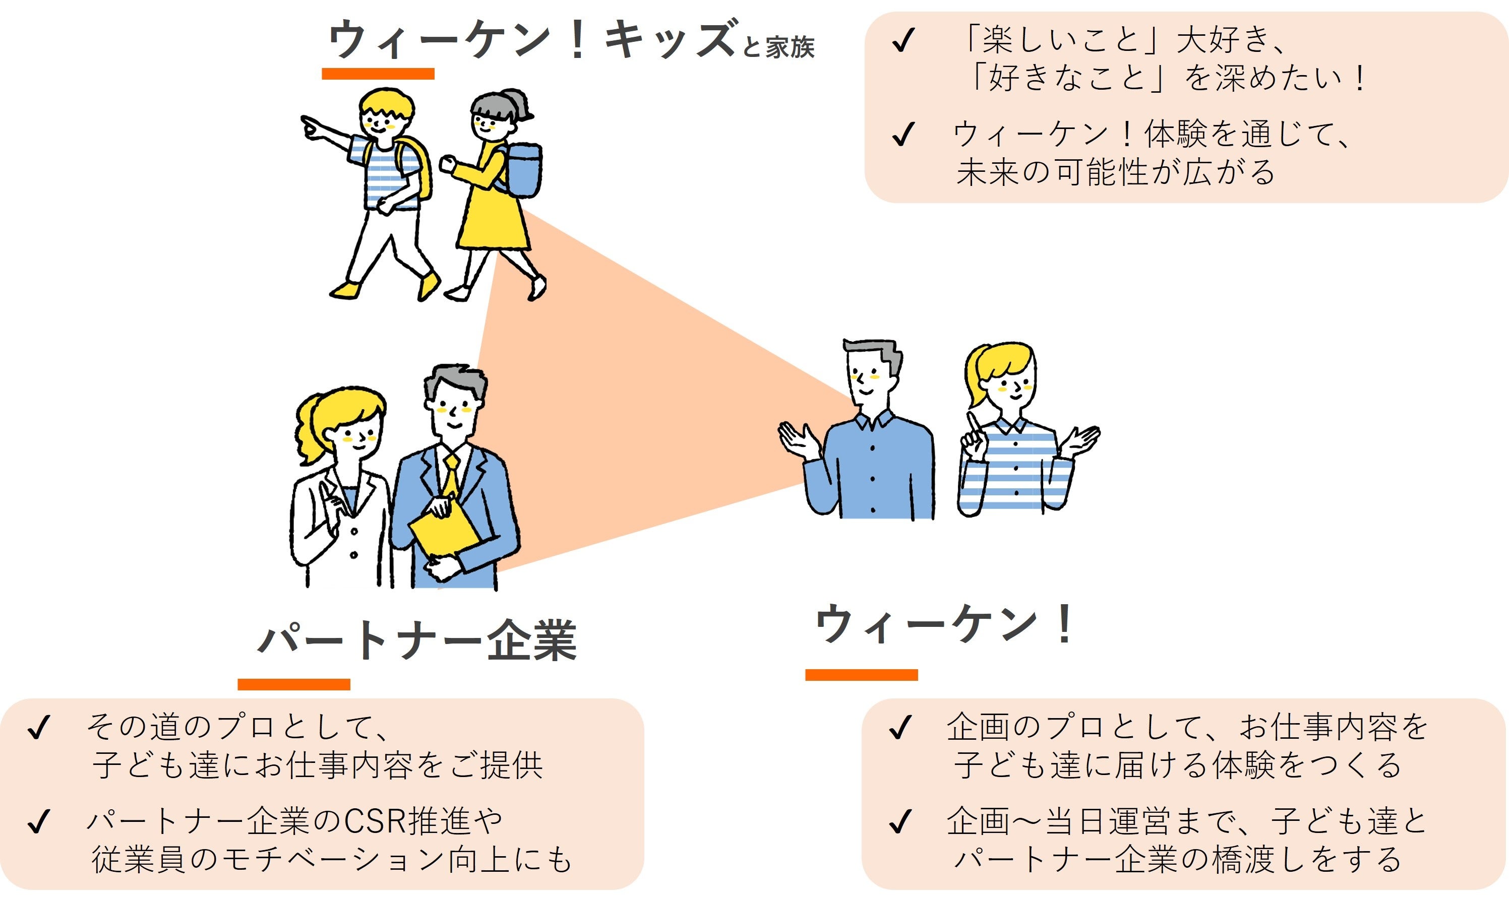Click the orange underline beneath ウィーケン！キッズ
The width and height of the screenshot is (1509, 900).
click(x=378, y=74)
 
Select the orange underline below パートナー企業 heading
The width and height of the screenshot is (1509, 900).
click(x=293, y=685)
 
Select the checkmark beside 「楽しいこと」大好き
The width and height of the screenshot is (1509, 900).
click(x=902, y=41)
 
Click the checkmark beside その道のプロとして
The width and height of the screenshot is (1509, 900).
click(x=38, y=728)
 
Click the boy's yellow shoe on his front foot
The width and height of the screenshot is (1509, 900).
click(x=429, y=285)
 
